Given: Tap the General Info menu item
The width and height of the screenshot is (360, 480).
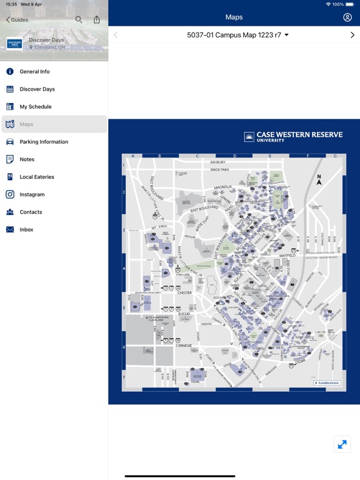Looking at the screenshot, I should coord(34,72).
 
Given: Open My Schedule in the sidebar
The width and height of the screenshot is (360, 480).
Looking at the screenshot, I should coord(36,107).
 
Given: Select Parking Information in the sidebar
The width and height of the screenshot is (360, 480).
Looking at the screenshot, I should coord(44,142).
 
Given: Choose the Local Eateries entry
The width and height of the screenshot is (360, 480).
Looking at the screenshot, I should coord(37,177).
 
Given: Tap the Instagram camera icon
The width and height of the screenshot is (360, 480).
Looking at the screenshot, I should coord(10,194).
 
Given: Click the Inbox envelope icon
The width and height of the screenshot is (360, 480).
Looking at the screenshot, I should coord(10,229).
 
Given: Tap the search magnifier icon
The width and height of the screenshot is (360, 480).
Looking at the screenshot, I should coord(79,19).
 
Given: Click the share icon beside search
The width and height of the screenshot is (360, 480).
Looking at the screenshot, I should coord(96,19).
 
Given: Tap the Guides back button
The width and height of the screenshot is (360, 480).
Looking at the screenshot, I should coord(17,20).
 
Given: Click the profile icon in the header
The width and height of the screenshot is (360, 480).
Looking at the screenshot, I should coord(347,17).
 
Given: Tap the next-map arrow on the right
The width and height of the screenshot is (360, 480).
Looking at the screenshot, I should coord(352,35).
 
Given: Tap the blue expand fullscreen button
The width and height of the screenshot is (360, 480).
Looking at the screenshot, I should coord(342,444).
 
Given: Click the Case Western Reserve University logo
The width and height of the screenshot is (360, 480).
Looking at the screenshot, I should coord(293,136).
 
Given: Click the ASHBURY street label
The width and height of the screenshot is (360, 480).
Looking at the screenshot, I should coord(217,162).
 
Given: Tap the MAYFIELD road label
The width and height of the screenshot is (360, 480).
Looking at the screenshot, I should coord(287,255).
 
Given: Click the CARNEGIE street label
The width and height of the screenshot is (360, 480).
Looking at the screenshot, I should coord(184,344).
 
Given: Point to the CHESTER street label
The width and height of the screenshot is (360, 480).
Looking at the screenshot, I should coord(184,292).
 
